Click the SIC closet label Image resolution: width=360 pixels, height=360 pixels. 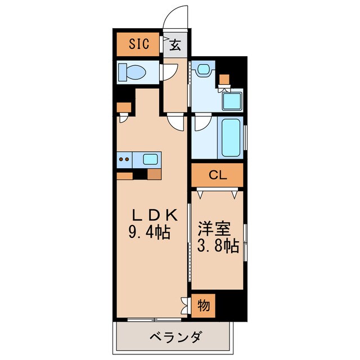coord(138,44)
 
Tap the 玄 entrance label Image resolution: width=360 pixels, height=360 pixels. coord(175,46)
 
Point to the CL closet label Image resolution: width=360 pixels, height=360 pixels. coord(217,175)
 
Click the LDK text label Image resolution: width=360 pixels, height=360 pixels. coord(155,215)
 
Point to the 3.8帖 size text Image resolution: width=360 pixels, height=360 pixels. coord(218,245)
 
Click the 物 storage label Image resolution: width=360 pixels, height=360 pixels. coord(204,306)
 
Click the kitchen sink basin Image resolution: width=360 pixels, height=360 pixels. coord(150,159)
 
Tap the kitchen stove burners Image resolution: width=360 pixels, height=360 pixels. coord(125,159)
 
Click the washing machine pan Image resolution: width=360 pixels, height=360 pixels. coord(232,101)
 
